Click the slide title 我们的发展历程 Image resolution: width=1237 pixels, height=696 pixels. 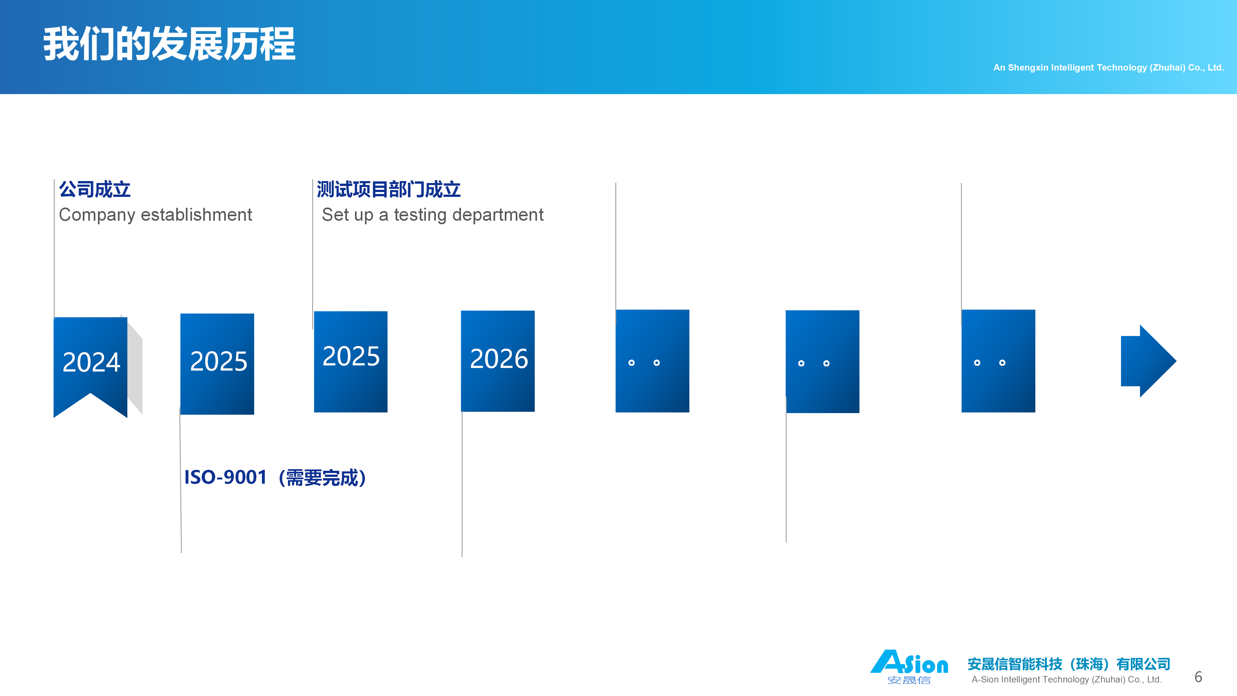pos(169,44)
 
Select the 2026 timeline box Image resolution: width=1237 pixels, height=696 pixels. pos(497,361)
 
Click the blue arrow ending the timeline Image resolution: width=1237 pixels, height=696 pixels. pos(1148,361)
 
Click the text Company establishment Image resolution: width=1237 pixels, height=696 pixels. pos(155,215)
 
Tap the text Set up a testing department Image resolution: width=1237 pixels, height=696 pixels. pos(433,215)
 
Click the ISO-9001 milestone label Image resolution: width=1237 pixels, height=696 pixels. pos(275,478)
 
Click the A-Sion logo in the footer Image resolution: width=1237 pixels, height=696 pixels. pos(909,667)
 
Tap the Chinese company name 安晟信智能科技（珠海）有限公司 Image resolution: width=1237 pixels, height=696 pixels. pos(1069,664)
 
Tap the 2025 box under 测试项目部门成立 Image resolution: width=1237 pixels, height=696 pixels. pos(350,362)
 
